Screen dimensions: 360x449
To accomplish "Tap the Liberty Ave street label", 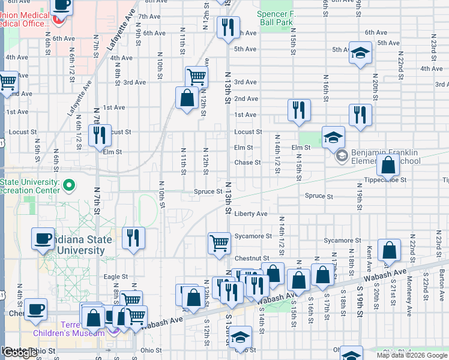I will (x=251, y=214).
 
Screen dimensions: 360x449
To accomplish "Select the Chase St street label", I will (x=247, y=162).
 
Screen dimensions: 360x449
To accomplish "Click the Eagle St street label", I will (x=116, y=277).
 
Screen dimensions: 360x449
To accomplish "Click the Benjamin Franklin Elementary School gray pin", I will (x=342, y=157).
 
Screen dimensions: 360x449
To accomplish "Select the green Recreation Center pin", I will (x=69, y=186).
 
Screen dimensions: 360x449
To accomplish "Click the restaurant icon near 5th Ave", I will (x=228, y=28).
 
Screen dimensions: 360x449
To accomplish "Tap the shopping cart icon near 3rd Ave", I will (x=196, y=77).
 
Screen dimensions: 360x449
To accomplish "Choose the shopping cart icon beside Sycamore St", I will (x=219, y=243).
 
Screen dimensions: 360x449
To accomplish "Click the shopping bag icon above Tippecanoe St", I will (x=389, y=165).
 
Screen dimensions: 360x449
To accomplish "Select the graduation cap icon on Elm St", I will (x=333, y=137).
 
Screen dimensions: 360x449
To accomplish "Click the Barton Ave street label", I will (x=442, y=280).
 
